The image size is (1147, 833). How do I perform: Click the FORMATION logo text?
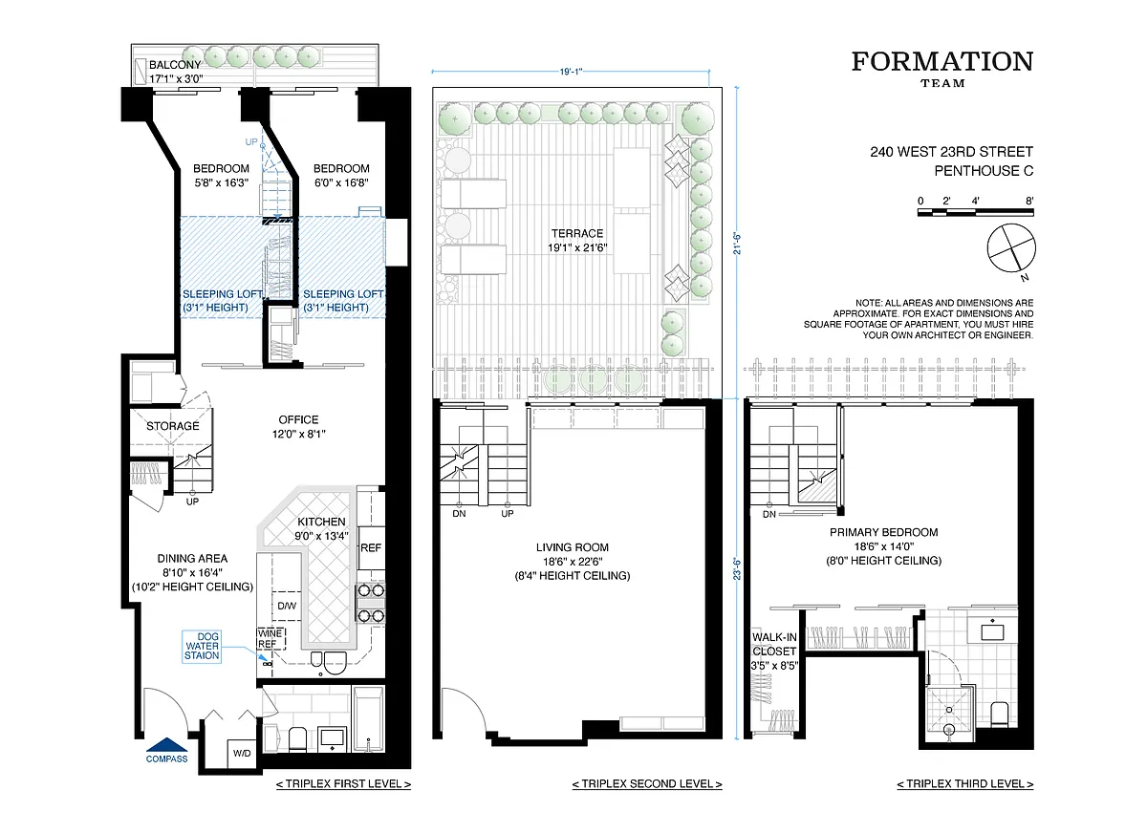point(942,61)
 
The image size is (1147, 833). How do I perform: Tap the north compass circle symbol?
point(1011,248)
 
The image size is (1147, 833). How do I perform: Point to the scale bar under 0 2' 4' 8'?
point(976,212)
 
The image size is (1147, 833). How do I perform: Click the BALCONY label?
point(175,65)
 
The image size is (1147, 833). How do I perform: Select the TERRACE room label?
point(577,233)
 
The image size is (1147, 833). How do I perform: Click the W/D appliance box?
point(242,753)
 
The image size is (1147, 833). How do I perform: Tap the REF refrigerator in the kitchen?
point(371,548)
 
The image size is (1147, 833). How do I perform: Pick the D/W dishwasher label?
point(287,606)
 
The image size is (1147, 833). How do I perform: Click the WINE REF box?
point(271,638)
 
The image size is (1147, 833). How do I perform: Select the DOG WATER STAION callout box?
point(202,646)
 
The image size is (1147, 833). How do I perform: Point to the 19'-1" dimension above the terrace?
point(571,72)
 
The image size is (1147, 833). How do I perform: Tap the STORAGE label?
point(173,426)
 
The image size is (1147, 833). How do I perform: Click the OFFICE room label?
point(298,419)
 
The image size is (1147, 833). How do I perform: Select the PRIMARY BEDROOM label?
point(884,532)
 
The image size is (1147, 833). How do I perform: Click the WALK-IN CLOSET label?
point(774,644)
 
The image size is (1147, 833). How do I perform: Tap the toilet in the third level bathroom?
point(1000,715)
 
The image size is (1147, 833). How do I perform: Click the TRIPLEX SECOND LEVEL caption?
point(647,784)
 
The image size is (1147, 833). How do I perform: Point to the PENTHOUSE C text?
point(984,171)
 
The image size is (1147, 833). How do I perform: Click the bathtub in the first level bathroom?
point(368,719)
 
